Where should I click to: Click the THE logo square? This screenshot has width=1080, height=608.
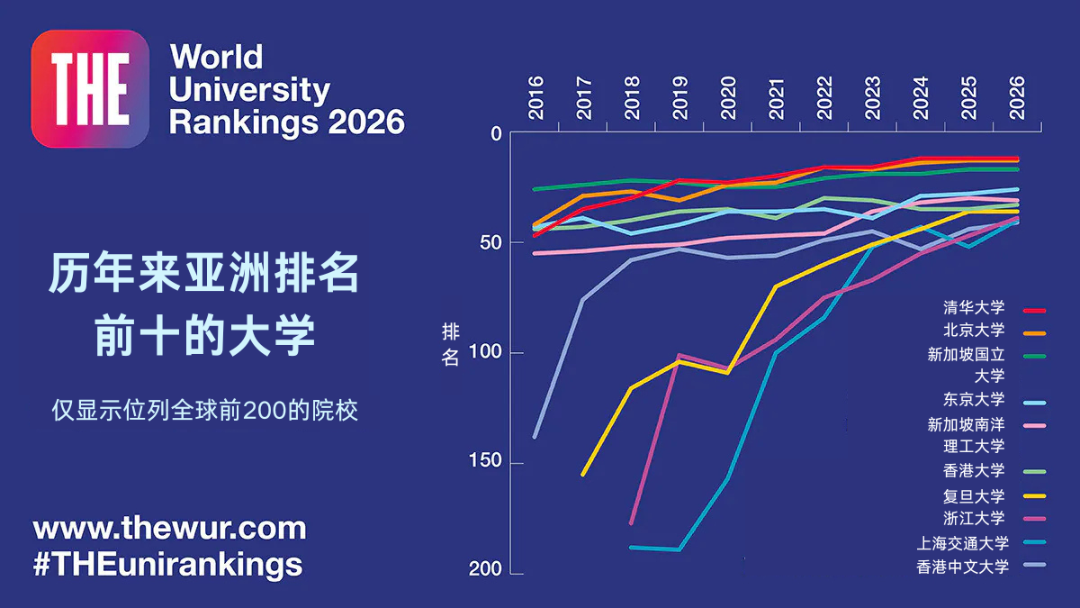[x=89, y=88]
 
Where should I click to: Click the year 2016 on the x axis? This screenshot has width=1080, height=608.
[x=536, y=98]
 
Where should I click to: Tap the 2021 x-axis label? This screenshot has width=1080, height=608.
[x=777, y=98]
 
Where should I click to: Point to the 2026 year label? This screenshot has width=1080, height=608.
[x=1017, y=98]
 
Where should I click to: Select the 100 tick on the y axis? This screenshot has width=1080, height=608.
[x=486, y=352]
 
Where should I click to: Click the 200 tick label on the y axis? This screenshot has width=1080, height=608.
[x=486, y=571]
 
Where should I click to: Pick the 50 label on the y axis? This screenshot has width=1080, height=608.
[x=490, y=242]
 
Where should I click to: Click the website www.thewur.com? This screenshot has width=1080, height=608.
[x=169, y=528]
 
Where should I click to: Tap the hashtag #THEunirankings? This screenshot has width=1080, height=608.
[x=167, y=564]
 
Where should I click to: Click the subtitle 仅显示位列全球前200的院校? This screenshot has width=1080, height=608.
[x=204, y=411]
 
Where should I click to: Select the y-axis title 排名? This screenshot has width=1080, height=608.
[x=451, y=345]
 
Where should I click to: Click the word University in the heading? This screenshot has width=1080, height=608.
[x=249, y=89]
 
